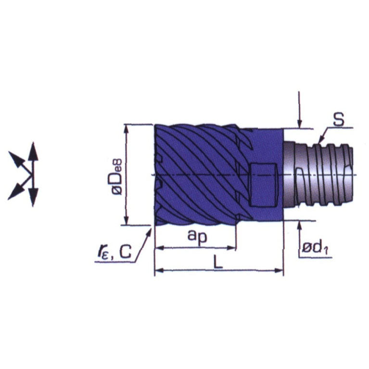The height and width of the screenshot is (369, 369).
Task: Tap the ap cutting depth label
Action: pos(197,236)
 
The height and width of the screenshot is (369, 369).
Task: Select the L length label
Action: pos(218,262)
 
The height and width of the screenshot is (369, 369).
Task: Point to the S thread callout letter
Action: pos(338,119)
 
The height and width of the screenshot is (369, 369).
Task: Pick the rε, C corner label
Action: pos(115,252)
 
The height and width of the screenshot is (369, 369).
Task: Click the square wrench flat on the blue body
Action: pos(263,184)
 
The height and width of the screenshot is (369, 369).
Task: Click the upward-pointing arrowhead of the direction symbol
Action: pos(33,152)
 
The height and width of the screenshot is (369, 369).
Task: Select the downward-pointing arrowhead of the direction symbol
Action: pos(33,198)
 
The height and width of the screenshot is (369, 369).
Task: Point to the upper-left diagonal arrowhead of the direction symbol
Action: pos(16,159)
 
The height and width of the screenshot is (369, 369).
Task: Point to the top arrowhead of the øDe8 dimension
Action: pos(127,129)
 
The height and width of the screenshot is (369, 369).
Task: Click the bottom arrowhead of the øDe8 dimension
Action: pos(127,220)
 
